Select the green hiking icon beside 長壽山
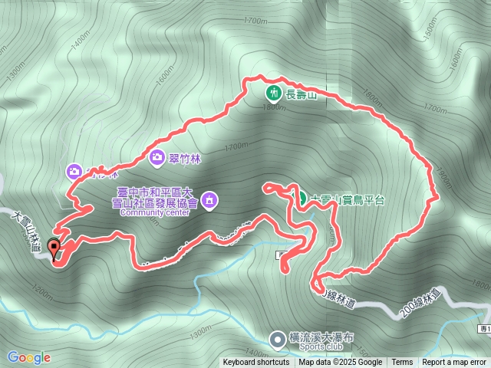pyautogui.click(x=273, y=94)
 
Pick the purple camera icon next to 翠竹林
pyautogui.click(x=157, y=158)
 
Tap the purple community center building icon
pyautogui.click(x=211, y=201)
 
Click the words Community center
pyautogui.click(x=154, y=213)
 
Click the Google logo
pyautogui.click(x=29, y=357)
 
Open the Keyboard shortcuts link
pyautogui.click(x=256, y=363)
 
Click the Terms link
pyautogui.click(x=402, y=363)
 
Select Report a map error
pyautogui.click(x=454, y=363)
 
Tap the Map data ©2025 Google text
pyautogui.click(x=341, y=363)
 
